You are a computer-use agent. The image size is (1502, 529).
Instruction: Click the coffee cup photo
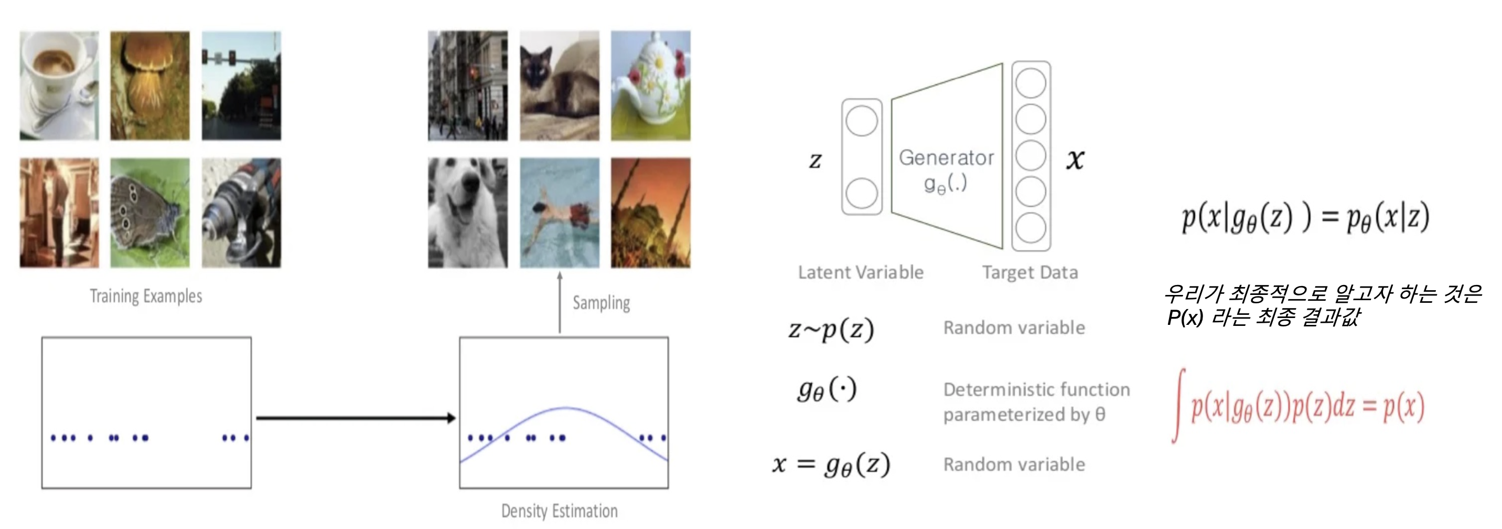tap(59, 85)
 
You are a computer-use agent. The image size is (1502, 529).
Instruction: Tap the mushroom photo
tap(150, 85)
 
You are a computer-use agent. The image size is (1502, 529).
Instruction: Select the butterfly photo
tap(150, 213)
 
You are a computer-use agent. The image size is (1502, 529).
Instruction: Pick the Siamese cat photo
tap(559, 85)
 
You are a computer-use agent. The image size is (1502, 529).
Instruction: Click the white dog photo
tap(468, 213)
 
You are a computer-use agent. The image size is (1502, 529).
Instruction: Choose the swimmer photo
tap(559, 213)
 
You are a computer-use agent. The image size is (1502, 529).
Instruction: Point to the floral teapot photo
tap(650, 85)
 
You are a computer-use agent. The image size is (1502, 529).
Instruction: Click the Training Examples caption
tap(146, 297)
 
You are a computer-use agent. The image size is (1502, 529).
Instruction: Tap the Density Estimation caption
tap(559, 511)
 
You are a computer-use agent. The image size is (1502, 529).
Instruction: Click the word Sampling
tap(601, 303)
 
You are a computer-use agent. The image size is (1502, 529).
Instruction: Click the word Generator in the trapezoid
tap(946, 157)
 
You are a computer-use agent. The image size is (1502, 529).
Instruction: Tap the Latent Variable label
tap(861, 272)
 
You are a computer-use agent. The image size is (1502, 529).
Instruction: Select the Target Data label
tap(1029, 272)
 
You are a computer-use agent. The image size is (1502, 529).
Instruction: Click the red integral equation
tap(1299, 407)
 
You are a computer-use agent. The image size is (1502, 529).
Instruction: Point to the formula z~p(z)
tap(831, 329)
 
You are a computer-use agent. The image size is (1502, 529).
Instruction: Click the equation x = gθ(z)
tap(831, 464)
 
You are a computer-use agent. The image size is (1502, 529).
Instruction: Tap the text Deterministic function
tap(1036, 389)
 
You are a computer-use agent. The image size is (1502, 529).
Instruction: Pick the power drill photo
tap(241, 213)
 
